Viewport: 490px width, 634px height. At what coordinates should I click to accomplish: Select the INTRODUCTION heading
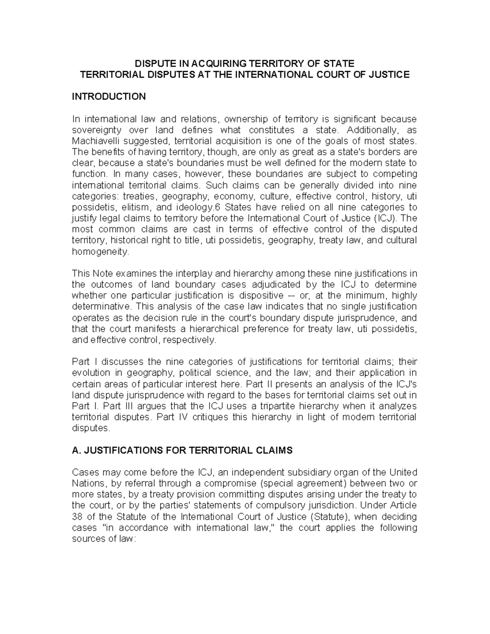109,97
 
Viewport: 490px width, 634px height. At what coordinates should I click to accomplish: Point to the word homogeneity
100,252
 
